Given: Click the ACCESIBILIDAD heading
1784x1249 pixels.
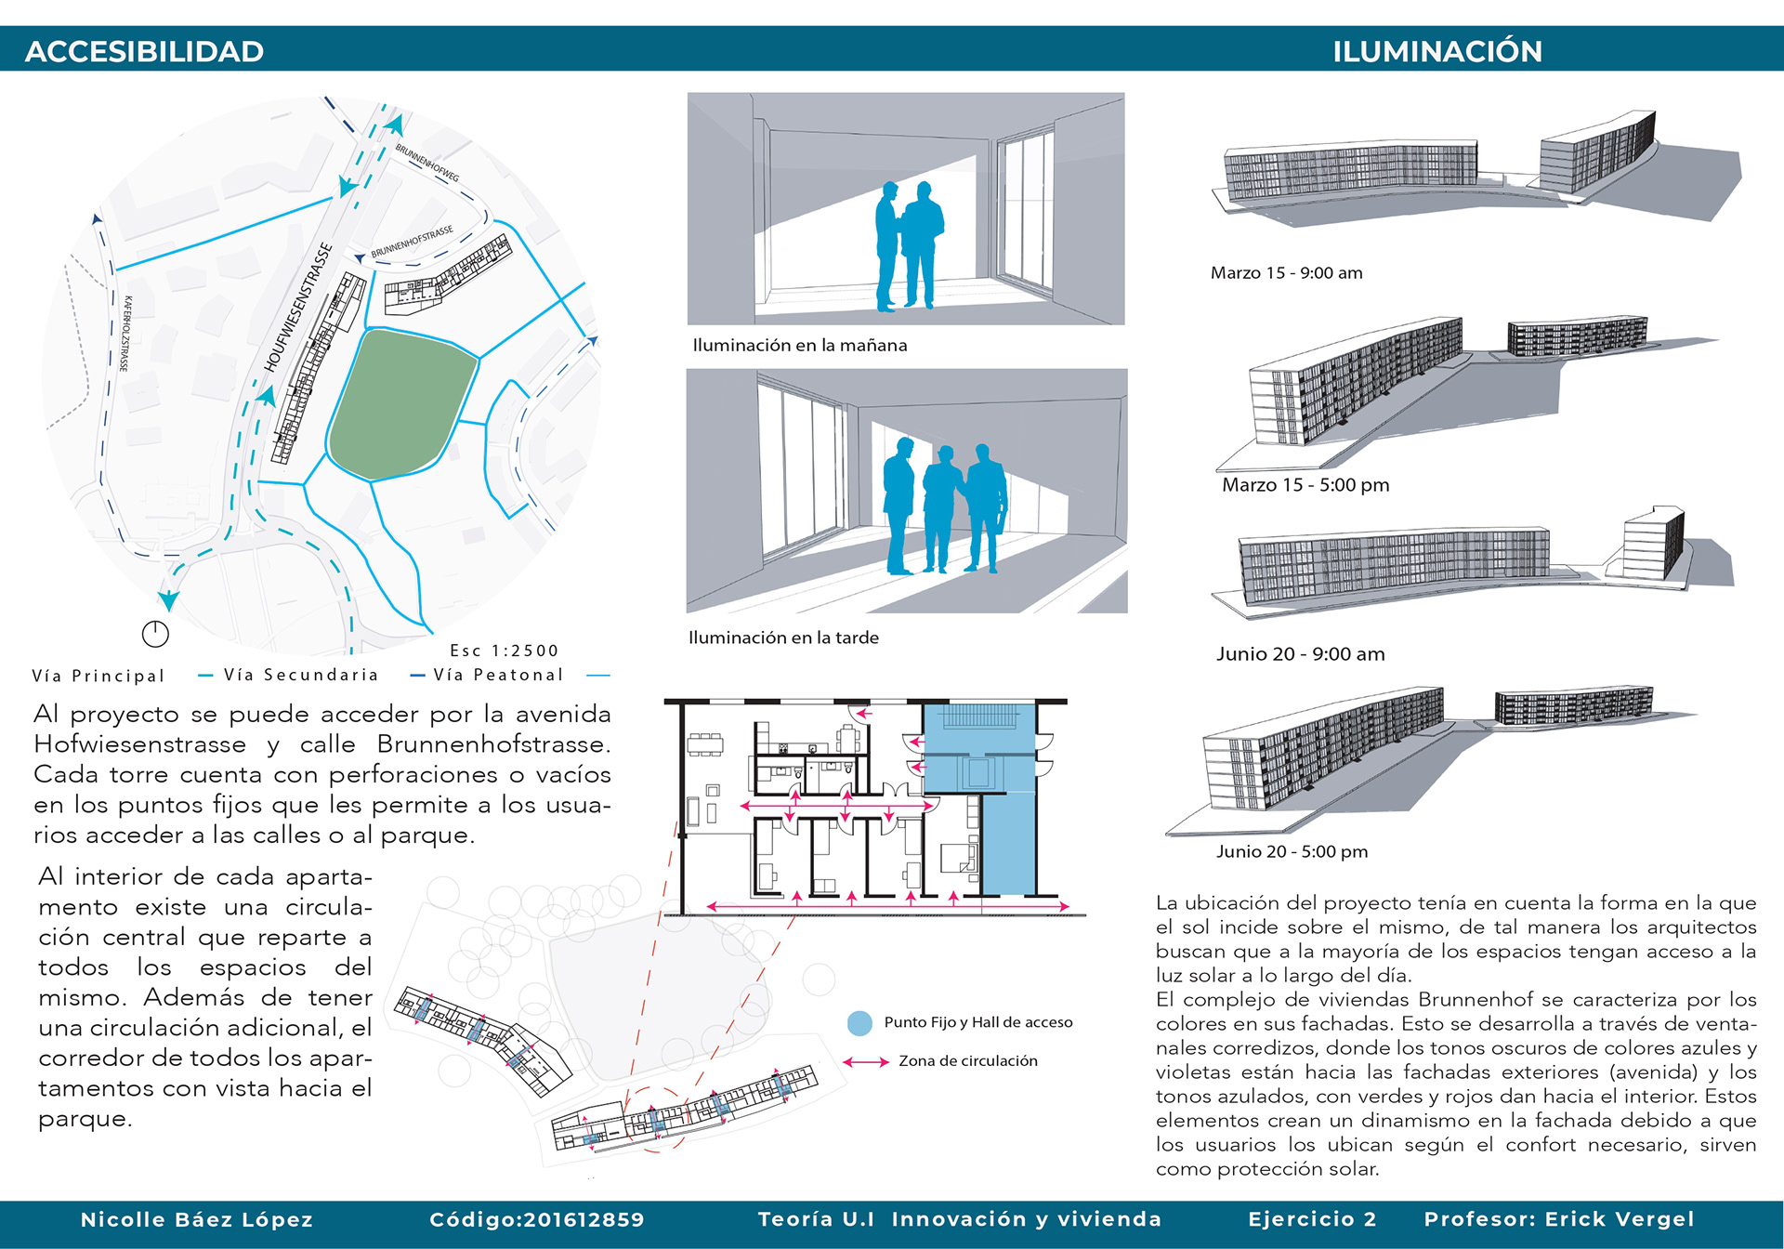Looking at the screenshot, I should click(x=144, y=51).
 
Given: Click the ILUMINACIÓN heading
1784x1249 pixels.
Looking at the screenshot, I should click(x=1436, y=51).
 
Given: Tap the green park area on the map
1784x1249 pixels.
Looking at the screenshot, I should click(x=401, y=405).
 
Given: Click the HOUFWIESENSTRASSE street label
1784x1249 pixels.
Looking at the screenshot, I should click(x=298, y=307).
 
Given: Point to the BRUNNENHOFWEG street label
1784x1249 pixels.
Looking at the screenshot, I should click(x=426, y=162).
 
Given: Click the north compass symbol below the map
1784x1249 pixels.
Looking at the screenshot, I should click(x=155, y=634).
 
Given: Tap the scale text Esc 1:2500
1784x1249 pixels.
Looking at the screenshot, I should click(x=504, y=651).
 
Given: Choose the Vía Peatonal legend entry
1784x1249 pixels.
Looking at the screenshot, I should click(x=498, y=675).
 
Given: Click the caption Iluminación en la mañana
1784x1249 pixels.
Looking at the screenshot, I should click(x=799, y=345).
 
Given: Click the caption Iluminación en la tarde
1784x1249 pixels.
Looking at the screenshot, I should click(x=783, y=638).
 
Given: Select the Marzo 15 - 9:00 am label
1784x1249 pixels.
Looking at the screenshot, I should click(x=1286, y=272).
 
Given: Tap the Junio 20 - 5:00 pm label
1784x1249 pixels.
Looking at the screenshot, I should click(x=1292, y=851).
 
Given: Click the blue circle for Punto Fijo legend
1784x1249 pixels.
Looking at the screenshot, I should click(x=859, y=1023).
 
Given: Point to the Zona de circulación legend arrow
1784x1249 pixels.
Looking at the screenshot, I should click(x=866, y=1061).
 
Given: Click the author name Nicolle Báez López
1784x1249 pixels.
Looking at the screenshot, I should click(x=197, y=1219).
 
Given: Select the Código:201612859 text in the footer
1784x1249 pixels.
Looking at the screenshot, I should click(x=536, y=1219).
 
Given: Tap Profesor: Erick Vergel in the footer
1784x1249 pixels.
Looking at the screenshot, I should click(x=1558, y=1219).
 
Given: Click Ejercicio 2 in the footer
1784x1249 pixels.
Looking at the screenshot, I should click(x=1311, y=1219).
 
